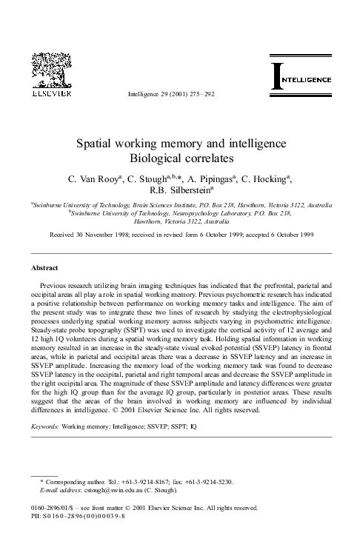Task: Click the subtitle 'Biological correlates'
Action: point(181,158)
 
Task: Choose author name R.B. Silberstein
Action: point(179,191)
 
